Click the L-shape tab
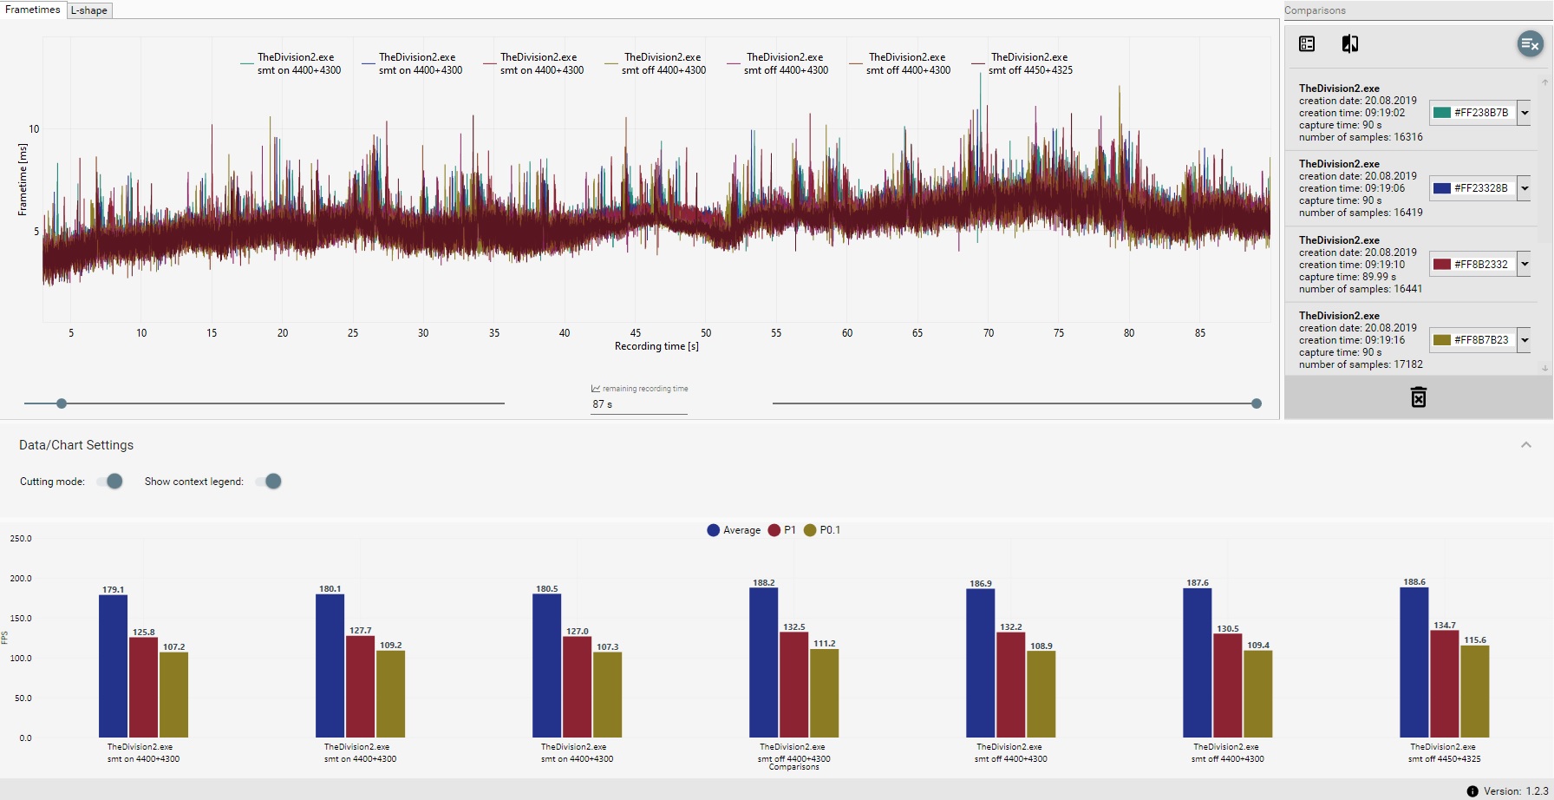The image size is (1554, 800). coord(89,10)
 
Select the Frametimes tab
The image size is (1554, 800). coord(33,10)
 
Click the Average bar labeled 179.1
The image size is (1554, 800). coord(113,666)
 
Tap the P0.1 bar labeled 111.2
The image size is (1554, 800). coord(824,693)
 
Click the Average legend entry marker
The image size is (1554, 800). coord(714,530)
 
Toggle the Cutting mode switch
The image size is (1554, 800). coord(110,482)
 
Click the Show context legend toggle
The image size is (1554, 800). coord(270,482)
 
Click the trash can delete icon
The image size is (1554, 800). coord(1419,397)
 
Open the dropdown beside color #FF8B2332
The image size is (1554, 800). coord(1524,264)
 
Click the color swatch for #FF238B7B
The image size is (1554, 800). coord(1442,113)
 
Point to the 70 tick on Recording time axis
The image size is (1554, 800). coord(989,333)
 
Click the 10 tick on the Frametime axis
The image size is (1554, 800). coord(34,129)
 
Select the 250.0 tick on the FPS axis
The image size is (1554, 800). coord(21,539)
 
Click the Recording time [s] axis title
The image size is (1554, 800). coord(656,346)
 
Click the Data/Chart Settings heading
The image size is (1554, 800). coord(76,445)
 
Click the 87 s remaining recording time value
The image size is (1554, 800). coord(603,404)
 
